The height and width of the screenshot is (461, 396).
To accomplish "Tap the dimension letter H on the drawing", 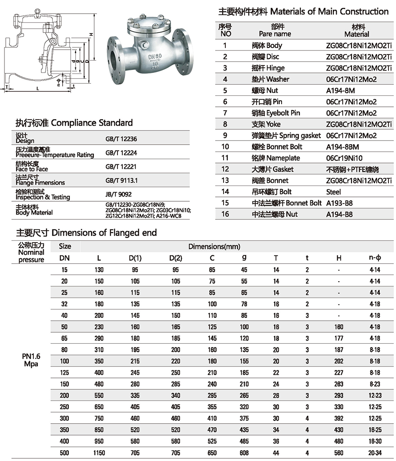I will (90, 34).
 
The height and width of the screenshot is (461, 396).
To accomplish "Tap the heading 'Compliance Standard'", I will (92, 123).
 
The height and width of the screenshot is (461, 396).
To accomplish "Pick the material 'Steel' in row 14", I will (334, 192).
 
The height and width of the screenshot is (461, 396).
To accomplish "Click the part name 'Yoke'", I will (273, 124).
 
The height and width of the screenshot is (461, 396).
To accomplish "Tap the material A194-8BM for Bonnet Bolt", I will (343, 147).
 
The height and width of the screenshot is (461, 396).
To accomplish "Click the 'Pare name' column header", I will (275, 34).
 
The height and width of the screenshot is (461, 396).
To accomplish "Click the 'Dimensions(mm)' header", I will (213, 247).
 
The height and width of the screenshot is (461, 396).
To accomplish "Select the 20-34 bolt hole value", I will (374, 453).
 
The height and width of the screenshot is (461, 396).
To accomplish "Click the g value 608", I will (244, 453).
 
